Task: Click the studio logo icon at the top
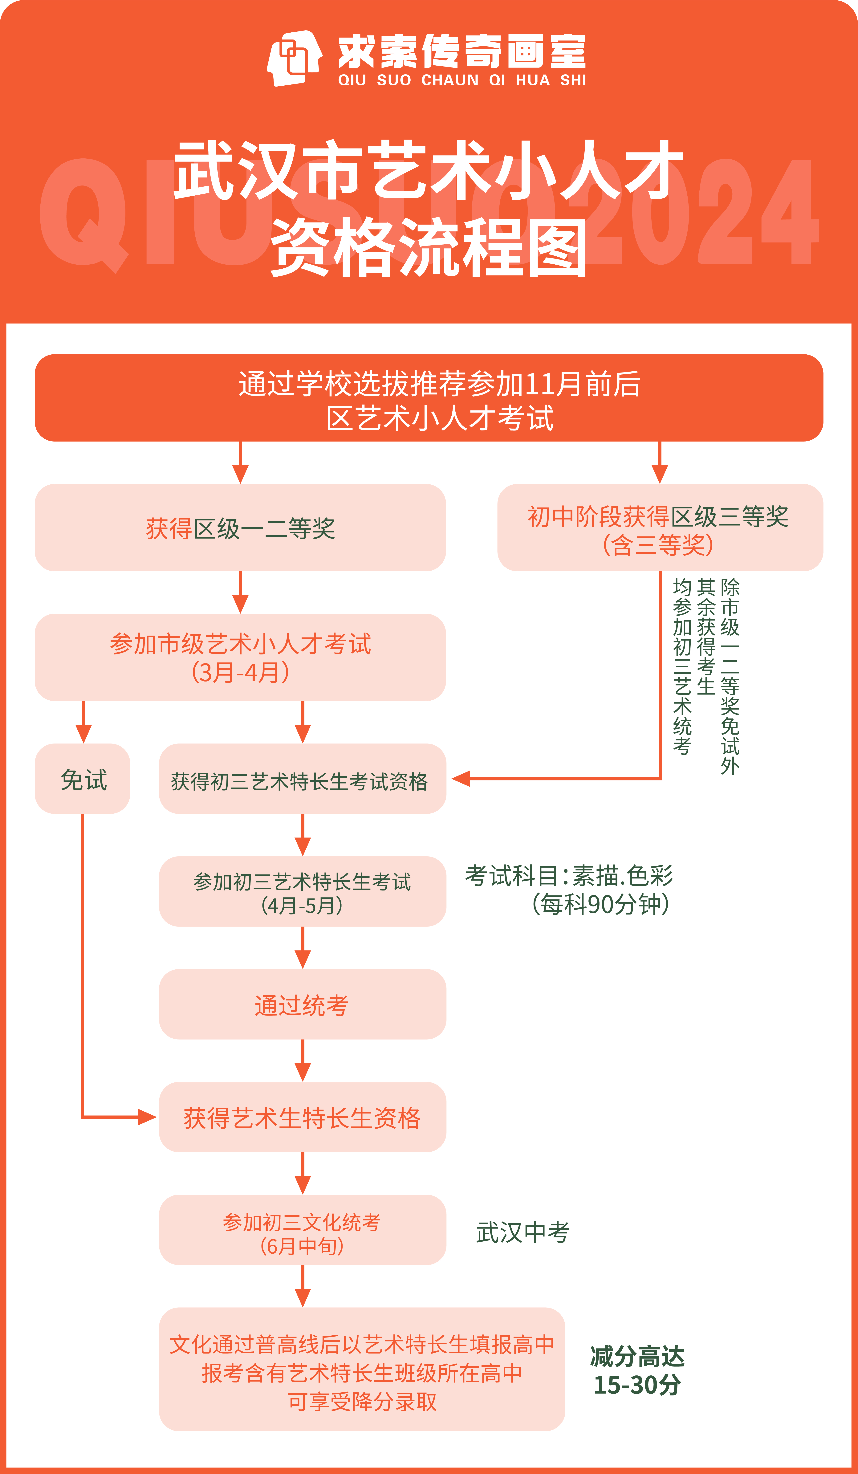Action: [x=294, y=58]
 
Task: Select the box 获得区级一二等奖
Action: [x=240, y=528]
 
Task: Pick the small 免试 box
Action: [x=83, y=779]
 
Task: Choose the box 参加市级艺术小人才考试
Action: [x=240, y=658]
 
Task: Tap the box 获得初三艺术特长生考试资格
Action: [x=302, y=779]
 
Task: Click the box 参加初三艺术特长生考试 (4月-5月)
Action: [x=302, y=891]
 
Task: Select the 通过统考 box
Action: [x=302, y=1004]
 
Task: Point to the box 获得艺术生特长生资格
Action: [x=302, y=1117]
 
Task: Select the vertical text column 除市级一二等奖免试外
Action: [x=730, y=676]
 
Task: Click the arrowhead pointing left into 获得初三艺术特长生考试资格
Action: [x=461, y=779]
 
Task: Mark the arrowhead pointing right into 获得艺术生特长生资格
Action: [x=147, y=1117]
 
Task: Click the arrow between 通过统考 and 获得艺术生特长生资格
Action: [x=302, y=1061]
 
